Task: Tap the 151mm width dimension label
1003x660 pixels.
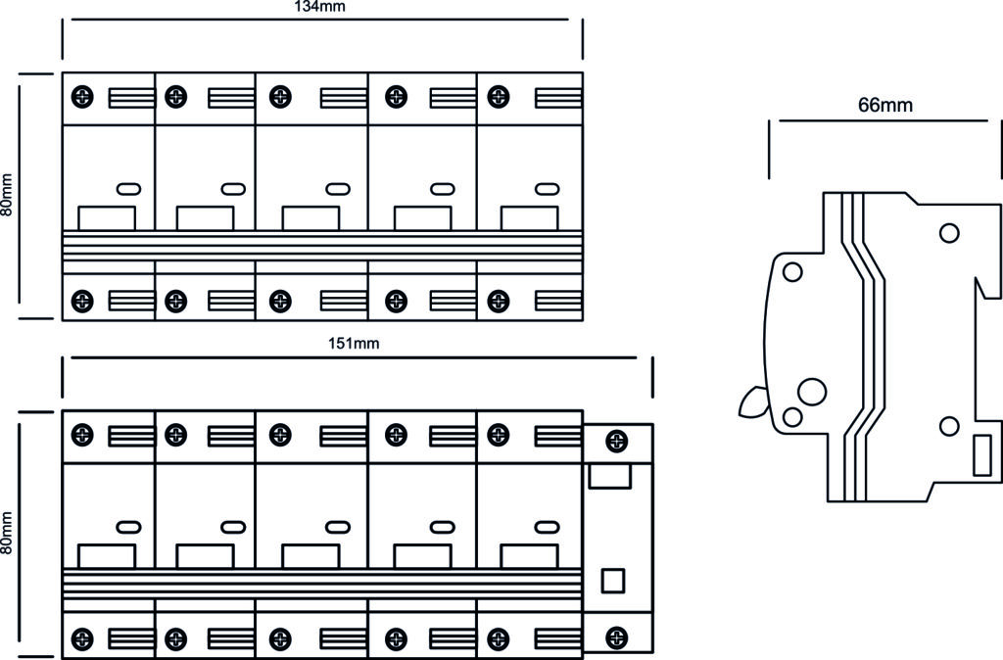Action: click(354, 344)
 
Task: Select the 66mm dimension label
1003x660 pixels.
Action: click(885, 104)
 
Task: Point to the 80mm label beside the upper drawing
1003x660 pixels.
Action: click(7, 195)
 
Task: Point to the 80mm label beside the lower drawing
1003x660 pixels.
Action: click(7, 533)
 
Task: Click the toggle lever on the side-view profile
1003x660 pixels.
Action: click(753, 401)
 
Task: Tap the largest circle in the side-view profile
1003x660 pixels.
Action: click(812, 392)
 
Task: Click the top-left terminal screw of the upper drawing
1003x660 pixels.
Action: click(82, 97)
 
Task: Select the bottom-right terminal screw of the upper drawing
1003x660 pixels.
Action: click(499, 301)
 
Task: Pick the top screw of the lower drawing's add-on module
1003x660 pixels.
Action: click(617, 441)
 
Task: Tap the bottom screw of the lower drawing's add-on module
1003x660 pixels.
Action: click(617, 636)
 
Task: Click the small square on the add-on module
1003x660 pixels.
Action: click(613, 581)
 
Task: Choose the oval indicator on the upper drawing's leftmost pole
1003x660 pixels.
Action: click(128, 189)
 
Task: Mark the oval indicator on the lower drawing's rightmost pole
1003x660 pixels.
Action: click(547, 527)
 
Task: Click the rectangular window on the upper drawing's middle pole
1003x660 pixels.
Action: click(310, 217)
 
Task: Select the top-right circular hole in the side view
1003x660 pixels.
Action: click(949, 233)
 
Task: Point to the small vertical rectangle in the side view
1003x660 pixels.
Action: click(982, 455)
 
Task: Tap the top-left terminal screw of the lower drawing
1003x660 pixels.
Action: click(82, 435)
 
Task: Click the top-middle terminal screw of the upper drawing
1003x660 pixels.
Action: click(280, 97)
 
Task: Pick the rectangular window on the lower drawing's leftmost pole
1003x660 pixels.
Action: click(107, 556)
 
